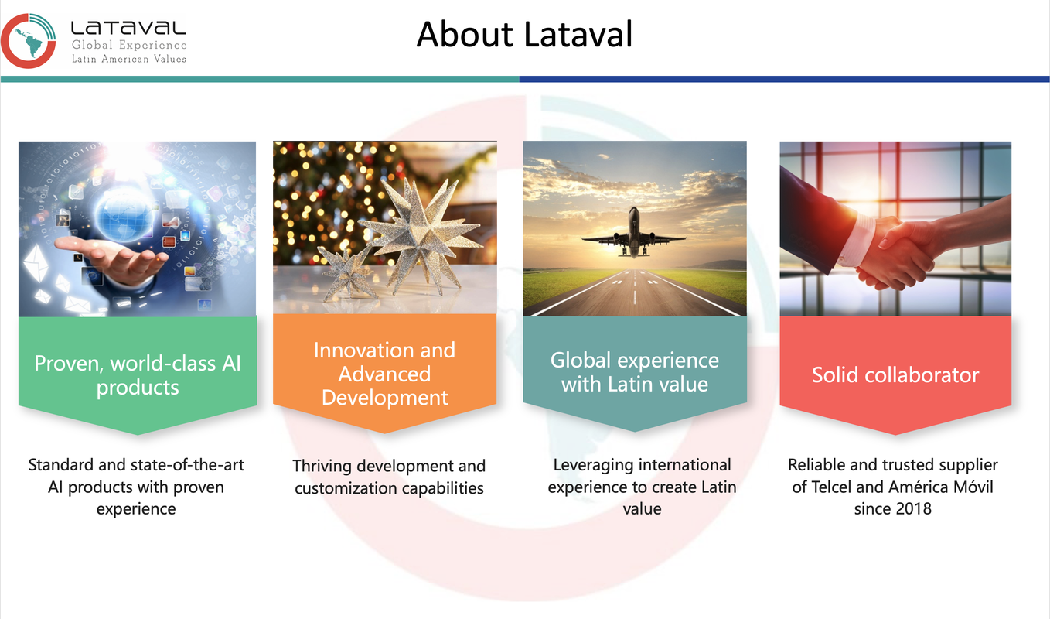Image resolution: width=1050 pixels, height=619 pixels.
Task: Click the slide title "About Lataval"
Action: pyautogui.click(x=524, y=34)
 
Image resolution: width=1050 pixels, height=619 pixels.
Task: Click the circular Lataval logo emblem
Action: pyautogui.click(x=28, y=41)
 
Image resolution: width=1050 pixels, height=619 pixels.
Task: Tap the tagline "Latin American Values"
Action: pyautogui.click(x=129, y=59)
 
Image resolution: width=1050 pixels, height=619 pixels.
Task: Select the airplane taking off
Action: pyautogui.click(x=634, y=233)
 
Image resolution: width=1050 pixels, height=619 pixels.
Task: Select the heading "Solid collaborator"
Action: pyautogui.click(x=895, y=375)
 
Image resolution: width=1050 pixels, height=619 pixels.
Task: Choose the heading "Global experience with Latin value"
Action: pyautogui.click(x=635, y=372)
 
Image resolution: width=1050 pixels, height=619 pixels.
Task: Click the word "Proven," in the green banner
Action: pyautogui.click(x=69, y=364)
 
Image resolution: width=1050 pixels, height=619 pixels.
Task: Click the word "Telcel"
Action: pyautogui.click(x=831, y=487)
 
